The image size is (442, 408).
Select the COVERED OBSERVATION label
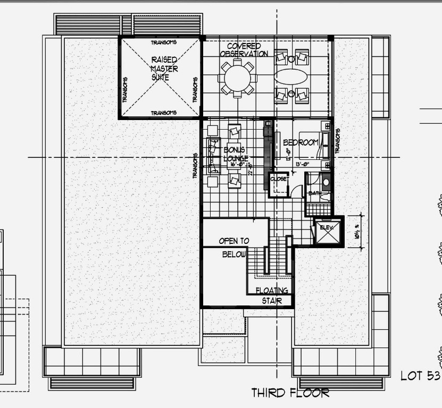coord(244,50)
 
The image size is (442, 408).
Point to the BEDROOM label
coord(300,142)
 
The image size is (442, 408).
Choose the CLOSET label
coord(279,180)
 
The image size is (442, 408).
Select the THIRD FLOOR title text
coord(290,393)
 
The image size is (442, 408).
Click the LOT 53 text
coord(420,376)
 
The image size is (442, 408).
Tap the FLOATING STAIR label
coord(272,295)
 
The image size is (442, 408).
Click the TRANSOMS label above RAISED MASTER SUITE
coord(164,42)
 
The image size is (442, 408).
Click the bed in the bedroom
coord(313,144)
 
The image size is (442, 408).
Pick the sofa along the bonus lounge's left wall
coord(213,155)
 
